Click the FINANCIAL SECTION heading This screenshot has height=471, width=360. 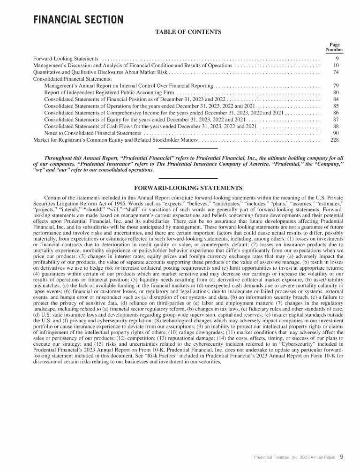[78, 20]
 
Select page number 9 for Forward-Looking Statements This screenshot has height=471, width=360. [337, 59]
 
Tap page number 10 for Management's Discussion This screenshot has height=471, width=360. [336, 66]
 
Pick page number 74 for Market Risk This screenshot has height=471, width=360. [336, 72]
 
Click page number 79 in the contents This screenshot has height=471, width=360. [336, 86]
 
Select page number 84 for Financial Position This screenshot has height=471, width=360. [336, 99]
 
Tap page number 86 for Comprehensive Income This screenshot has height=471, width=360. [336, 113]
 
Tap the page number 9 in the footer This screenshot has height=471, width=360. [342, 456]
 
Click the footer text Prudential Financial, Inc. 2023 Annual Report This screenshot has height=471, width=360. [295, 457]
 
